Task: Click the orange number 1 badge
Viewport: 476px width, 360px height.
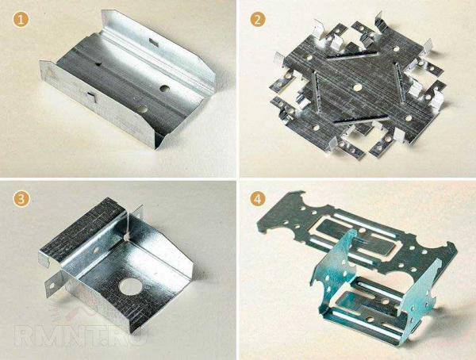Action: [x=21, y=20]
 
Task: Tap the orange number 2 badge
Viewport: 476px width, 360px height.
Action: [x=258, y=20]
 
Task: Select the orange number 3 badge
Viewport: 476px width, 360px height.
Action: [x=21, y=199]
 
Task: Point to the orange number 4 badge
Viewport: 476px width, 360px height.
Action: [x=258, y=199]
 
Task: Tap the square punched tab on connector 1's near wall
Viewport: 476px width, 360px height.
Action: [x=91, y=95]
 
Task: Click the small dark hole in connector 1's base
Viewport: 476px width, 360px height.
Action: [x=98, y=63]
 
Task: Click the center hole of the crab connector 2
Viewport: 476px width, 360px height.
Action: [x=358, y=87]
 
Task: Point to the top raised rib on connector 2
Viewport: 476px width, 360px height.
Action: [x=352, y=56]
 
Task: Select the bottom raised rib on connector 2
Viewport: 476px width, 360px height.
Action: [x=361, y=120]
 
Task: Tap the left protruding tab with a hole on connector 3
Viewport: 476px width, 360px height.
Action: [x=54, y=284]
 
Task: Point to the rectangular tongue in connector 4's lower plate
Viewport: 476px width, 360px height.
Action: [x=366, y=304]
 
